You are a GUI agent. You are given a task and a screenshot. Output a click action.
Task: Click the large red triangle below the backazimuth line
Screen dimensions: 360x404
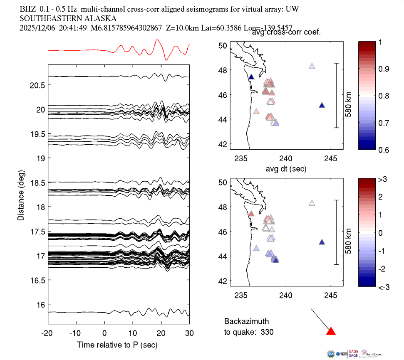331,331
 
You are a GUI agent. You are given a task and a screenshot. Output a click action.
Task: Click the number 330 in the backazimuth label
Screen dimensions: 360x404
268,332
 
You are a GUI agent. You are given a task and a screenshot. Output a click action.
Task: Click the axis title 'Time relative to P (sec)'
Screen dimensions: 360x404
117,345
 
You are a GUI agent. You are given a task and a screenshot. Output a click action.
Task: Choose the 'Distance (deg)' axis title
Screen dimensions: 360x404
21,195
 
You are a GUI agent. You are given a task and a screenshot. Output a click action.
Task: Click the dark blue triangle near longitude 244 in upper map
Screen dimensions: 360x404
322,105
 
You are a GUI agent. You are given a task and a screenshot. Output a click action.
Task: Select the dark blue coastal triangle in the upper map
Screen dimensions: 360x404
251,76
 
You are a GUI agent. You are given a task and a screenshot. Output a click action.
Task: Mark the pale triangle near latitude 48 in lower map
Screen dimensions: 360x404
312,203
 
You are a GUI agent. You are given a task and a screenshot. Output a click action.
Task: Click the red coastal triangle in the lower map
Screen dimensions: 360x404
251,214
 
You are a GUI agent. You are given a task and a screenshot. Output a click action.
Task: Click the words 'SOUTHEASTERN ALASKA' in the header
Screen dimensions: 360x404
68,19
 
